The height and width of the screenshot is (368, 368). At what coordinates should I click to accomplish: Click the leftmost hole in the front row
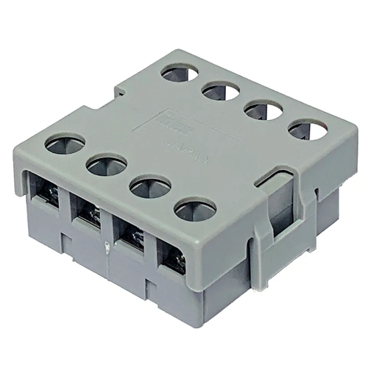(x=65, y=143)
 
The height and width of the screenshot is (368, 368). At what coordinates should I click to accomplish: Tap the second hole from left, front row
(x=107, y=165)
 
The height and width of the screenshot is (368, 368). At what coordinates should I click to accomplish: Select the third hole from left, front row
(x=150, y=187)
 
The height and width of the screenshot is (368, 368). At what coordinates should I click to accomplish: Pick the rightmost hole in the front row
(x=195, y=210)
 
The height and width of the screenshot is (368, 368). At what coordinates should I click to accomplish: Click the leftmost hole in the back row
(x=180, y=72)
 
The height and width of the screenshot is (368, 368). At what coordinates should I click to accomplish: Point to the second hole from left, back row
(x=221, y=91)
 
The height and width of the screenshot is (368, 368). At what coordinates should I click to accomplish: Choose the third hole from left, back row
(x=263, y=110)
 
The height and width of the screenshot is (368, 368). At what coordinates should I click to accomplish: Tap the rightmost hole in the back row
(x=308, y=130)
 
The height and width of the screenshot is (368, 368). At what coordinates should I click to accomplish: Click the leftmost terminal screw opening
(x=46, y=193)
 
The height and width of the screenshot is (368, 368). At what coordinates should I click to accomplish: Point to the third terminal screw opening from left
(x=132, y=235)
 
